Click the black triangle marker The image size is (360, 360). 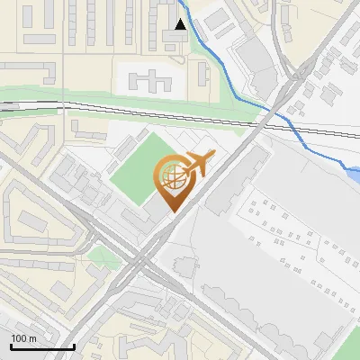tap(182, 24)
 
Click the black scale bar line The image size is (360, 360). tap(42, 346)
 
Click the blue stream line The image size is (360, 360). tap(236, 80)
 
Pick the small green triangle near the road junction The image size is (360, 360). tap(103, 257)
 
